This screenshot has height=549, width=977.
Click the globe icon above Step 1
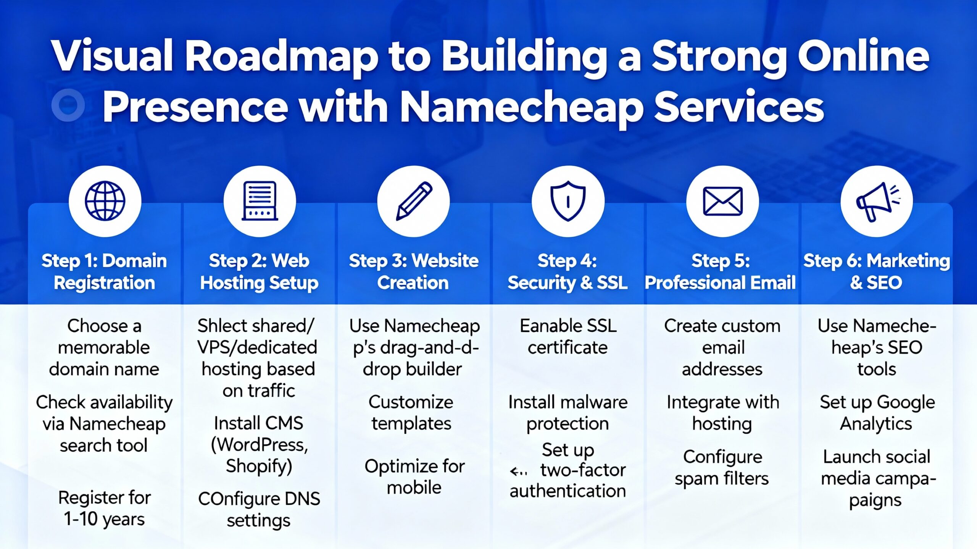pos(105,201)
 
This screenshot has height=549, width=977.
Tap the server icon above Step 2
pos(260,201)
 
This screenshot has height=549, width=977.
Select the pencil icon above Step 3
pos(414,201)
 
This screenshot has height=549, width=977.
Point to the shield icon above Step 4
pos(568,201)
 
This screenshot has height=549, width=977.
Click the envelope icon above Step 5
pos(722,201)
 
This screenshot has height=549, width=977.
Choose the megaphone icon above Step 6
pos(877,201)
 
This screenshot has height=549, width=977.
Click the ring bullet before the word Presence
pos(68,105)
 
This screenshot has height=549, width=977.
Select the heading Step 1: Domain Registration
pos(104,272)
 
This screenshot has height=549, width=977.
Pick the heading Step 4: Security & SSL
pos(567,272)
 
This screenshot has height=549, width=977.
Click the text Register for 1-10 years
pos(104,508)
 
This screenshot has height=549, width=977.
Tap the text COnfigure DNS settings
pos(259,510)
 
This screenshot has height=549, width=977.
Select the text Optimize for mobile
pos(414,477)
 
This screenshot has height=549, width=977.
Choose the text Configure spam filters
pos(722,468)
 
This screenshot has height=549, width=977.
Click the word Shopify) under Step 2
pos(259,466)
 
